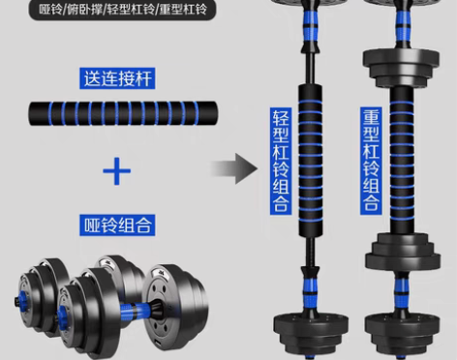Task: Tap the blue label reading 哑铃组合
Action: pyautogui.click(x=117, y=225)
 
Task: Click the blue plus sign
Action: pyautogui.click(x=117, y=173)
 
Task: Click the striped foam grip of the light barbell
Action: pyautogui.click(x=313, y=160)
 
